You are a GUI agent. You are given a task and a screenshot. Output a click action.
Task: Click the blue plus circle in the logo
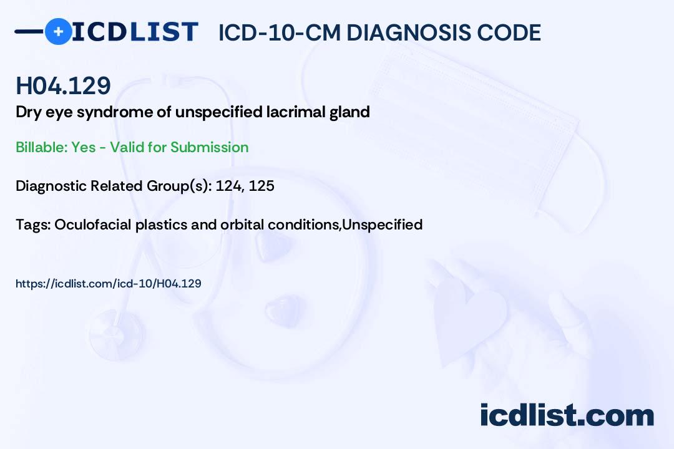coord(58,31)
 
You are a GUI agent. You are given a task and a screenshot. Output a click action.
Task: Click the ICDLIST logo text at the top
coord(135,32)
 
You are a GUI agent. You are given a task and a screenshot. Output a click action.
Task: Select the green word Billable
coord(41,147)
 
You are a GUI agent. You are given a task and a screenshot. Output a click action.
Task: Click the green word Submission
coord(209,147)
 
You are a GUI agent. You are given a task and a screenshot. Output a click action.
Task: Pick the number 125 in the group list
coord(261,186)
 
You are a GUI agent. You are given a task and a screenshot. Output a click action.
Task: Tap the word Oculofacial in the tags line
coord(93,224)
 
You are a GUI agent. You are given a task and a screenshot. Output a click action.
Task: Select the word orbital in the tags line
coord(242,224)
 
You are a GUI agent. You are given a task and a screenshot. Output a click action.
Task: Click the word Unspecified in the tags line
coord(383,224)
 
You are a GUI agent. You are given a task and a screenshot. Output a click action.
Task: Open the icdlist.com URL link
coord(109,284)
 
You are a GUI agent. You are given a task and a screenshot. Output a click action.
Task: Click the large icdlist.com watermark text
coord(567,415)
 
